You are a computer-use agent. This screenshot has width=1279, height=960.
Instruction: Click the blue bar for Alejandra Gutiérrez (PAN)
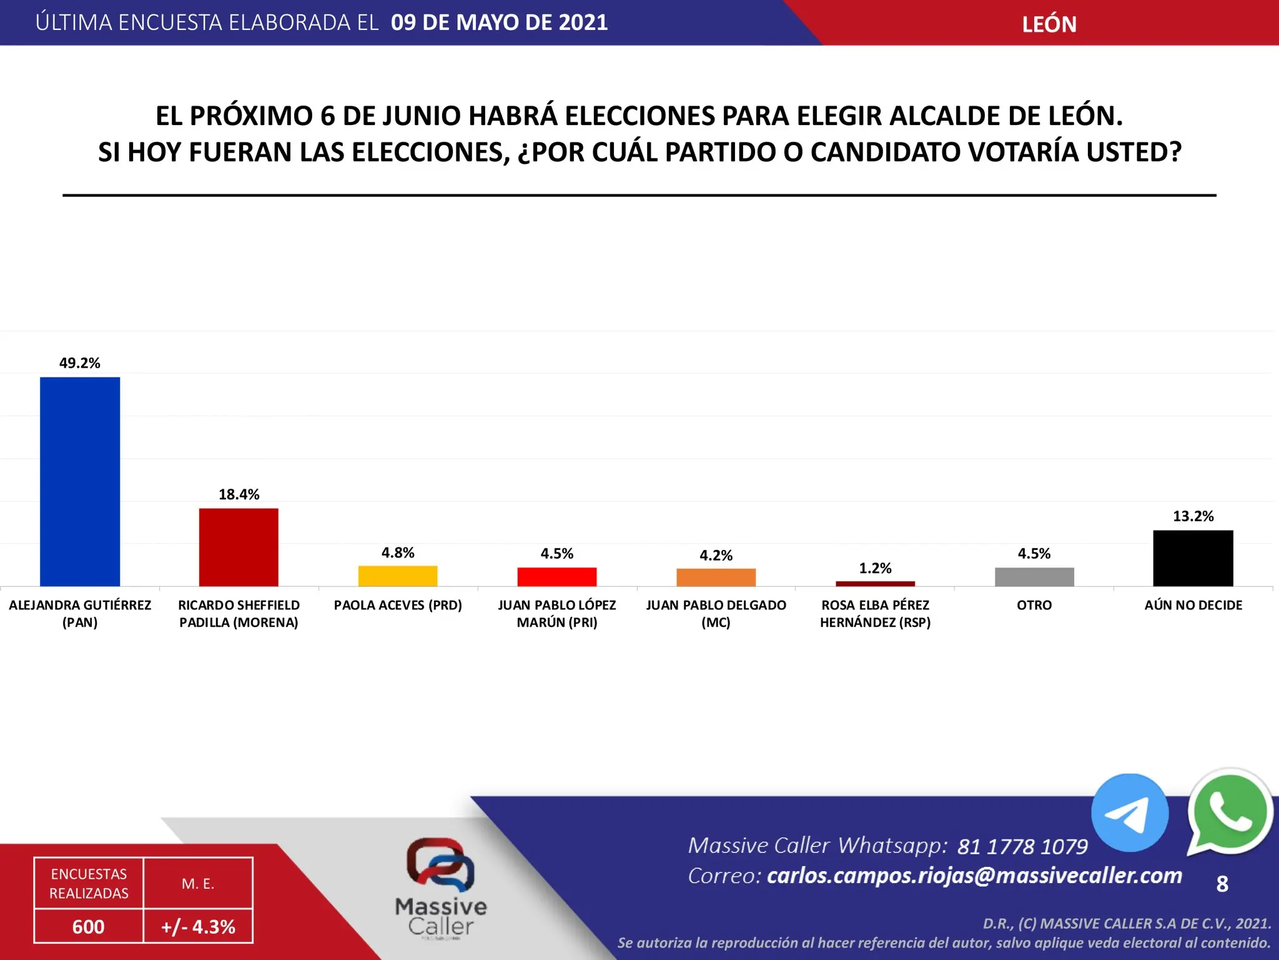(x=80, y=481)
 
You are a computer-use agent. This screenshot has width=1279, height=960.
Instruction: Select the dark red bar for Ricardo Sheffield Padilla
(x=239, y=547)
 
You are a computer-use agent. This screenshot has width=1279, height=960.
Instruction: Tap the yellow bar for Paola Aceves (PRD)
(x=398, y=576)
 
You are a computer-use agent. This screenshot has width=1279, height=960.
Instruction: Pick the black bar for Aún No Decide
(x=1193, y=558)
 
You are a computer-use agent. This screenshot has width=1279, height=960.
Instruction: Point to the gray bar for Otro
(x=1034, y=576)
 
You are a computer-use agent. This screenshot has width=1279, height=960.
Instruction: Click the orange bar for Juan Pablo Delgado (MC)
(x=716, y=577)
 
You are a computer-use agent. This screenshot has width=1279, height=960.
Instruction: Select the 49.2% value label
(x=80, y=363)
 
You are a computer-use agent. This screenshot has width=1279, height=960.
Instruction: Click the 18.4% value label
(x=239, y=494)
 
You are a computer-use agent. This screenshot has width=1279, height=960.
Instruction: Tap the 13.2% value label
(x=1193, y=516)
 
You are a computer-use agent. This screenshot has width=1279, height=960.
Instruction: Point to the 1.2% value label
(x=875, y=568)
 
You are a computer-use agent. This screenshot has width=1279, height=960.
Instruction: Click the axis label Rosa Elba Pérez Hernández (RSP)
(x=875, y=614)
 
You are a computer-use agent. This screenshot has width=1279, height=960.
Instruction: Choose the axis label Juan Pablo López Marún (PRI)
(x=557, y=614)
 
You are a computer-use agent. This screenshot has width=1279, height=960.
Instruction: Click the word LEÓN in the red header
(x=1049, y=24)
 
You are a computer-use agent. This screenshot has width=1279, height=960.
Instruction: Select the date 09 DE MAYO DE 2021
(x=499, y=22)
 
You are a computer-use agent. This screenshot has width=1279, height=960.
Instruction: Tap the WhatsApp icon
(x=1229, y=812)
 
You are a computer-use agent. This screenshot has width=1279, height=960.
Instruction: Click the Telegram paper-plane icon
(x=1129, y=813)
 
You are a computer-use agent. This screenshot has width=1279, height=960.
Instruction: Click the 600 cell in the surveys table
(x=89, y=926)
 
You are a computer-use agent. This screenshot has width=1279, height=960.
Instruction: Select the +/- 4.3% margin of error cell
(x=198, y=926)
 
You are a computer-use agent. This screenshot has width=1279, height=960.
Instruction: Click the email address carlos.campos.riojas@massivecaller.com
(x=974, y=876)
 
